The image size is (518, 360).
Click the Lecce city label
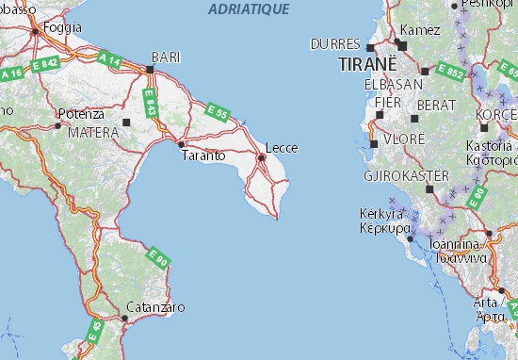[x=282, y=147]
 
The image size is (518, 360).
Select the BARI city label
[x=165, y=56]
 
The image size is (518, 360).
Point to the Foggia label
[x=62, y=27]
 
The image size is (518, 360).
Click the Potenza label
[x=79, y=113]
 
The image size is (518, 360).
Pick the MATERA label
[x=93, y=133]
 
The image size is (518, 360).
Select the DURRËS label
[x=334, y=44]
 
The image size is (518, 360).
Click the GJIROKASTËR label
[x=398, y=175]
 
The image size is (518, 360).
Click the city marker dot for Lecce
[x=261, y=157]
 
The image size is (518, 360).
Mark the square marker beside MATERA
[x=126, y=122]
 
